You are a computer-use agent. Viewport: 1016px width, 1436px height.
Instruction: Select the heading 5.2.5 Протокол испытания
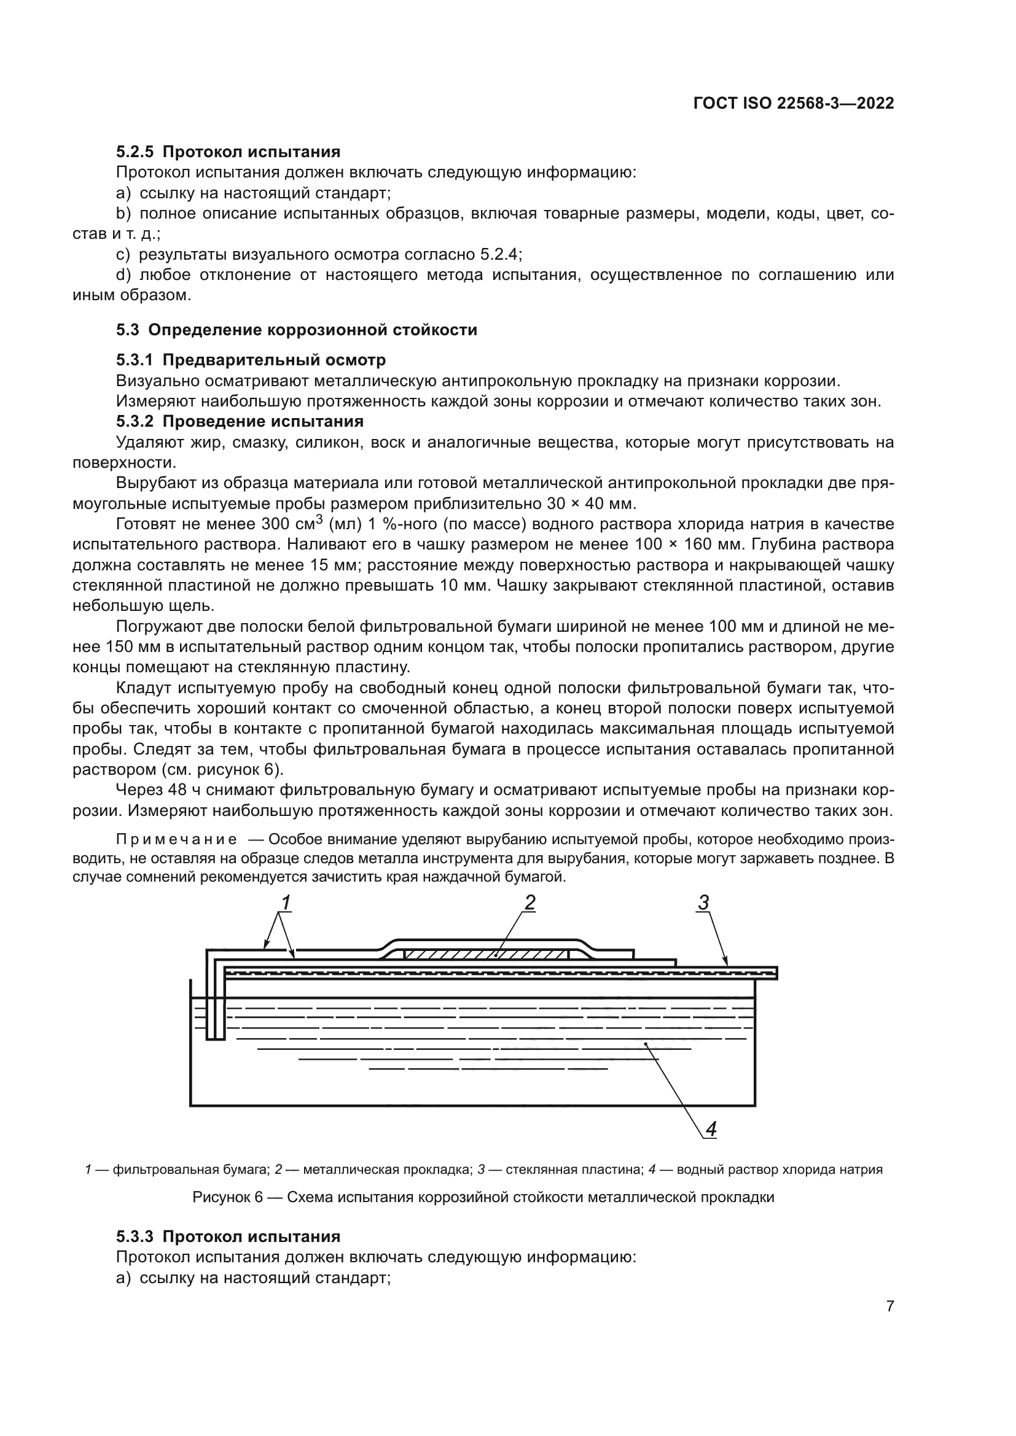[229, 152]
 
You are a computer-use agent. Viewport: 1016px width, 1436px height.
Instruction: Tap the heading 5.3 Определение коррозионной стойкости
[297, 330]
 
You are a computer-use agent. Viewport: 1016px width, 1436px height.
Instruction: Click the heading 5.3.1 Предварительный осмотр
[251, 360]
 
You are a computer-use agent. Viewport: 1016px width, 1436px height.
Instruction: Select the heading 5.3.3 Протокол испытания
[229, 1237]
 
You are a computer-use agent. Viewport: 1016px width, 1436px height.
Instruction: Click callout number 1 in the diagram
[285, 903]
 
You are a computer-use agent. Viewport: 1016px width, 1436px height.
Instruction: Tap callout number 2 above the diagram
[530, 902]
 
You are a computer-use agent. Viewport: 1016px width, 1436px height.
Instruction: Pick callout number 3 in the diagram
[703, 903]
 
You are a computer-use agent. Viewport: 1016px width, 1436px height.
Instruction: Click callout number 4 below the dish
[711, 1129]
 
